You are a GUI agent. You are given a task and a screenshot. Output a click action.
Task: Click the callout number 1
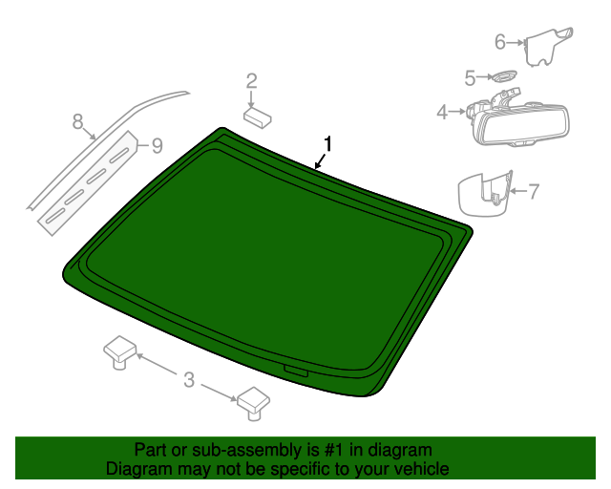click(x=327, y=143)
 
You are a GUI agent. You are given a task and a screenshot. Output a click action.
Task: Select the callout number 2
click(x=252, y=80)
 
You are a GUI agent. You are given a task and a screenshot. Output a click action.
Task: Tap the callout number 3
click(x=188, y=380)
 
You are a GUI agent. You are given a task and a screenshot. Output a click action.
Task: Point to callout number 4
click(x=442, y=113)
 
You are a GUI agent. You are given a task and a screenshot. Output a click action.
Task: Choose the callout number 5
click(x=470, y=77)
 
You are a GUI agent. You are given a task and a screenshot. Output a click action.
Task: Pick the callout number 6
click(x=499, y=42)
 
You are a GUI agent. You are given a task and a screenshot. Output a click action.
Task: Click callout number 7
click(x=534, y=191)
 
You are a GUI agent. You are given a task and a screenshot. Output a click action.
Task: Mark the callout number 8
click(x=78, y=121)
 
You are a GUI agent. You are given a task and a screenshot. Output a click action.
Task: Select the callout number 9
click(x=157, y=145)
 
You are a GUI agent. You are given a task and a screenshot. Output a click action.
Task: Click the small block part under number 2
click(x=257, y=117)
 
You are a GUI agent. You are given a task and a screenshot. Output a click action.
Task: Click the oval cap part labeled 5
click(x=502, y=76)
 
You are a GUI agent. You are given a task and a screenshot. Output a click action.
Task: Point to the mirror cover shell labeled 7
click(x=483, y=194)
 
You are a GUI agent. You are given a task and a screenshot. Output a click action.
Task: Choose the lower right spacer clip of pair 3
click(x=254, y=400)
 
